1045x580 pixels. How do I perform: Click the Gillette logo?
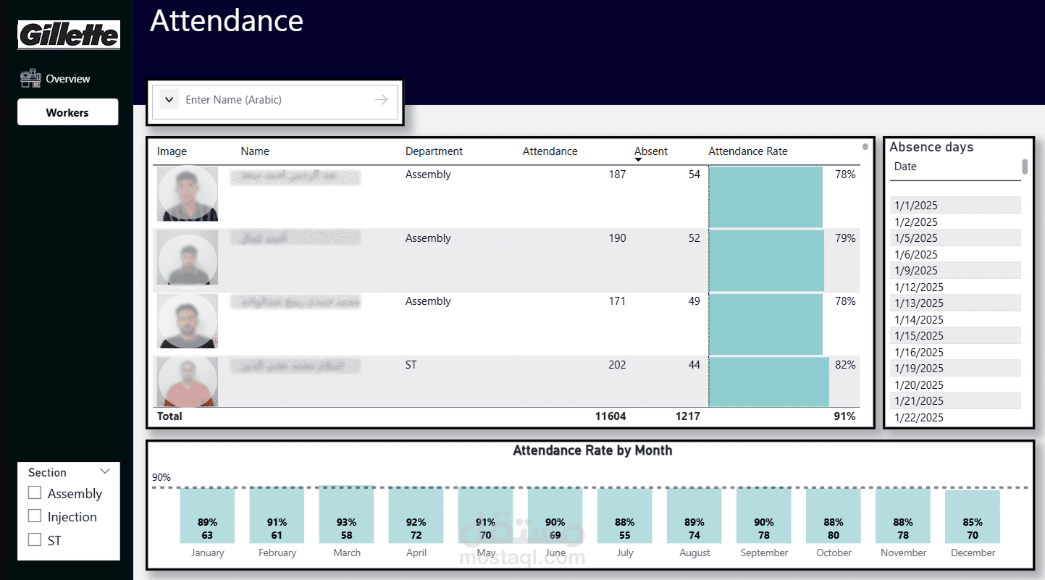click(x=69, y=35)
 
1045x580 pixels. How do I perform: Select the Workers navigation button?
click(x=67, y=112)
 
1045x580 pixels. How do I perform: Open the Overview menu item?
click(x=67, y=78)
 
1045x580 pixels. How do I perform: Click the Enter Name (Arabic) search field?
click(x=275, y=100)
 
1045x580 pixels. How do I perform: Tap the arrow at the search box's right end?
click(x=381, y=100)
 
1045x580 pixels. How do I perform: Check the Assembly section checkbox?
click(x=35, y=493)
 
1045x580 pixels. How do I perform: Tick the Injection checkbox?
click(x=35, y=516)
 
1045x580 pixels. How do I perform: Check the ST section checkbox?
click(x=35, y=539)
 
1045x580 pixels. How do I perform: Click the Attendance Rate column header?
click(x=747, y=151)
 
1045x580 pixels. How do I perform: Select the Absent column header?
click(x=650, y=151)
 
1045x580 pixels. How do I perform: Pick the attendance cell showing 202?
click(x=617, y=365)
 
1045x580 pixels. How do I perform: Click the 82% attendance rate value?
click(x=845, y=365)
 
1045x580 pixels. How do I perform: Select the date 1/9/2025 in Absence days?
click(x=916, y=271)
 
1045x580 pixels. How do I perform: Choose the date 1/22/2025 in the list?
click(x=919, y=417)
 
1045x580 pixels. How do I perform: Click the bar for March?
click(x=346, y=515)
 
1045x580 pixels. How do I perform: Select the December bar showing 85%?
click(x=973, y=517)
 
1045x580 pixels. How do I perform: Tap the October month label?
click(x=834, y=552)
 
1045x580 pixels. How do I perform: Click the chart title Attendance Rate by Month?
click(x=592, y=450)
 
